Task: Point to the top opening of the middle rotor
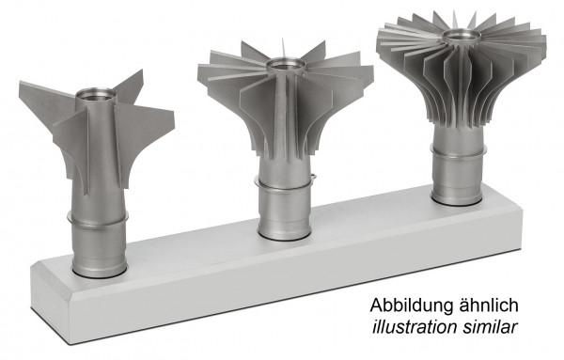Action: [285, 65]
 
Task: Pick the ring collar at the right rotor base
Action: [455, 156]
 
